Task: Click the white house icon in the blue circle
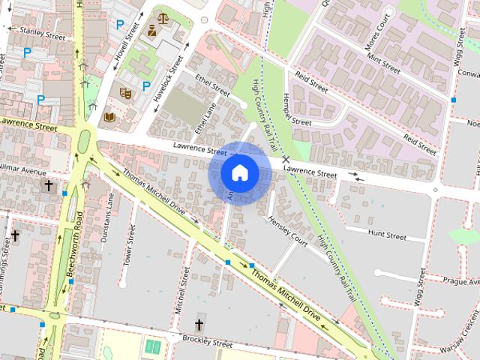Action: point(239,173)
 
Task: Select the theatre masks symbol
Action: point(125,93)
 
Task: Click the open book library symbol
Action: point(109,117)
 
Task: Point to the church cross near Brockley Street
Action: point(199,325)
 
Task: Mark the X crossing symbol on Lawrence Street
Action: point(285,160)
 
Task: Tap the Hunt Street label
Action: point(387,236)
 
